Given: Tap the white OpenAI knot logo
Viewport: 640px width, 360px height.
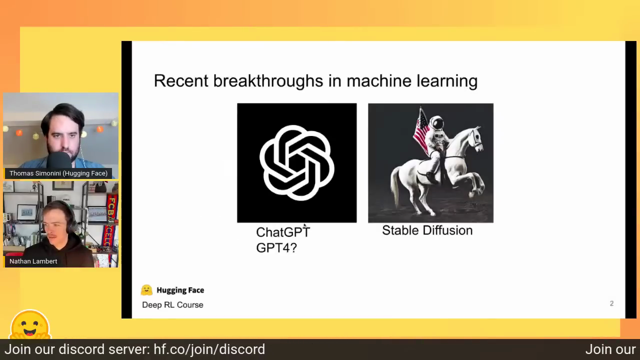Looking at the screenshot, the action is click(297, 163).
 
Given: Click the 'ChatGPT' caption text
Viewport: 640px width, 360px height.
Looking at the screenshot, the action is click(283, 232).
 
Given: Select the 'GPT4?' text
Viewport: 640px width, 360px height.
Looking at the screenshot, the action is click(276, 247).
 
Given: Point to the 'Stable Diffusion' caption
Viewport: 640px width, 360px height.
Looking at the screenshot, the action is click(427, 230).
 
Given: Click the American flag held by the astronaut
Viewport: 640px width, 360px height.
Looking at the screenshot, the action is click(421, 132).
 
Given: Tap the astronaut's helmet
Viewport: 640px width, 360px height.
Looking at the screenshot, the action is click(436, 123).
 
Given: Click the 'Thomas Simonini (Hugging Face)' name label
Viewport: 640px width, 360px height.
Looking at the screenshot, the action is click(58, 173).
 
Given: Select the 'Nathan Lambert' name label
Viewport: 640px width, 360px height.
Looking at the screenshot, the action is click(33, 261).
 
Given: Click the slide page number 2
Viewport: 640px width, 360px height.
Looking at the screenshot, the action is click(611, 303).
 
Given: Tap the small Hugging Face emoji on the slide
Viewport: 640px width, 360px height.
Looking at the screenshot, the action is click(146, 290).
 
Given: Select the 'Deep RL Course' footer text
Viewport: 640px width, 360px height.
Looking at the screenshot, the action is click(172, 305).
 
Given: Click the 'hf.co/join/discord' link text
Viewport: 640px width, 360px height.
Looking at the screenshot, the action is click(209, 349).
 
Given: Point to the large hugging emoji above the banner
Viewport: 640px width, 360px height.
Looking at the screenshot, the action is click(30, 325).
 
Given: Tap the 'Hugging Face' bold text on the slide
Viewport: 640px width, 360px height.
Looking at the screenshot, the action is click(180, 290).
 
